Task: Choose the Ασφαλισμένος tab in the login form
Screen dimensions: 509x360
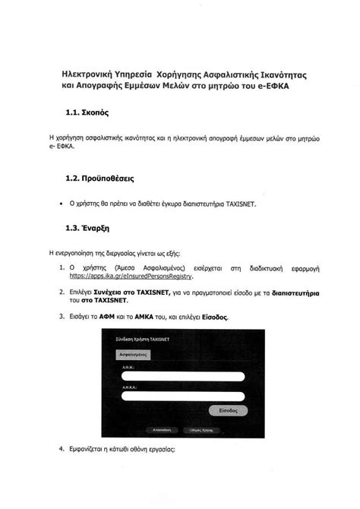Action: click(x=131, y=354)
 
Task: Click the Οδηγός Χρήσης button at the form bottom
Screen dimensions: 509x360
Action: click(x=213, y=430)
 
